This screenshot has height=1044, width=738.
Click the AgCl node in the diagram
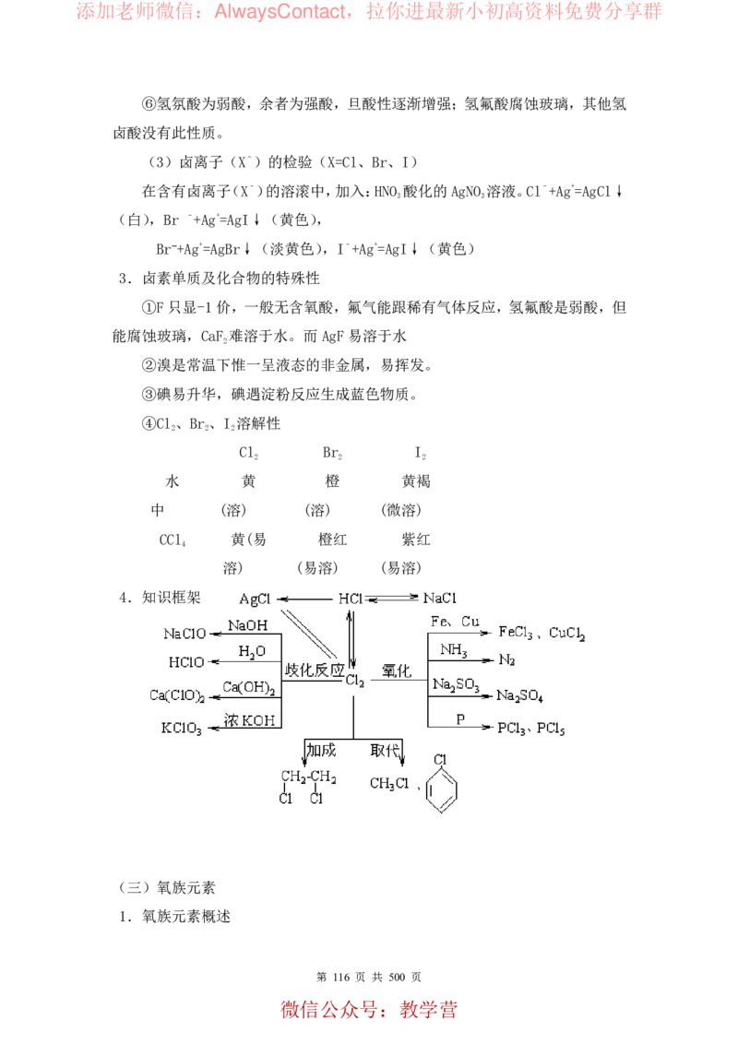pyautogui.click(x=256, y=599)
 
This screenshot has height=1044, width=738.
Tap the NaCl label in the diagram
pyautogui.click(x=440, y=598)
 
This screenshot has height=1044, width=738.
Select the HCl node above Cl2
pyautogui.click(x=350, y=599)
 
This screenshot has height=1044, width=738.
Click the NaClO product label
pyautogui.click(x=184, y=634)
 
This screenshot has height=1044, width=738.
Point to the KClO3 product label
pyautogui.click(x=181, y=729)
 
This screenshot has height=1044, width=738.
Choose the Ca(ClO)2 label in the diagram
pyautogui.click(x=177, y=695)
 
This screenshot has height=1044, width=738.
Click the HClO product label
pyautogui.click(x=186, y=662)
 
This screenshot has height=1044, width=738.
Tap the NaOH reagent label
pyautogui.click(x=248, y=625)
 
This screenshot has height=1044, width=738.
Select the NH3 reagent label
pyautogui.click(x=454, y=650)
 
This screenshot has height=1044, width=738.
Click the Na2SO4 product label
pyautogui.click(x=519, y=695)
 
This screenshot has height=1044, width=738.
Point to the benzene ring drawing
pyautogui.click(x=442, y=790)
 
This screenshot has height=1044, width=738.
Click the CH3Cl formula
pyautogui.click(x=389, y=784)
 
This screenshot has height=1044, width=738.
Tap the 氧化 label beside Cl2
pyautogui.click(x=397, y=670)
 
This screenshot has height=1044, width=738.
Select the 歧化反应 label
pyautogui.click(x=315, y=670)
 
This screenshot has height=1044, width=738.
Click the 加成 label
pyautogui.click(x=321, y=751)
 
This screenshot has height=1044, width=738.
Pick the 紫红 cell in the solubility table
pyautogui.click(x=416, y=540)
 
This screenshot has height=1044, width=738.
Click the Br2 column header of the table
pyautogui.click(x=332, y=454)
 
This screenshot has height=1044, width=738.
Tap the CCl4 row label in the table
pyautogui.click(x=173, y=540)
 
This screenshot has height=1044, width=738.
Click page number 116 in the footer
pyautogui.click(x=341, y=977)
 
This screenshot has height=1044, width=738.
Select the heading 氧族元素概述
pyautogui.click(x=186, y=917)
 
